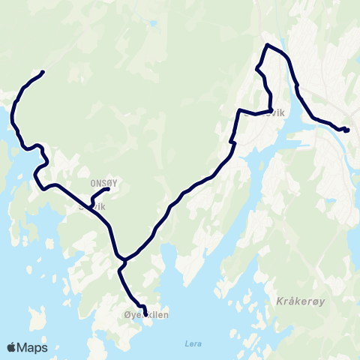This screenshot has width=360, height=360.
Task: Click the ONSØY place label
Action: [x=103, y=181]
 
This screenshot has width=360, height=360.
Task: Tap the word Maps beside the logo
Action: [x=34, y=347]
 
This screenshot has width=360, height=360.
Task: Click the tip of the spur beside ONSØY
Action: [x=109, y=188]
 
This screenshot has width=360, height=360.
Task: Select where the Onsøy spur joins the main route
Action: [x=91, y=204]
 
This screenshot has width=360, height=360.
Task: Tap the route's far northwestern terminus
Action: [x=43, y=72]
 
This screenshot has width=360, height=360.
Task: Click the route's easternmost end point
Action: [x=349, y=129]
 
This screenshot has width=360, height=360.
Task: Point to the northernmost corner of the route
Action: [x=267, y=46]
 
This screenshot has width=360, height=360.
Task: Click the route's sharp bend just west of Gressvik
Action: [x=240, y=111]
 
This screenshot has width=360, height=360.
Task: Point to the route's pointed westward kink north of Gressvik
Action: [x=257, y=70]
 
